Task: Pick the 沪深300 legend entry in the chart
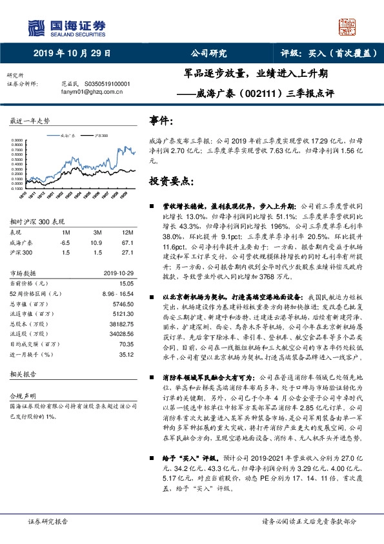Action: [x=100, y=137]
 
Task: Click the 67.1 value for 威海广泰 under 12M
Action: [x=128, y=241]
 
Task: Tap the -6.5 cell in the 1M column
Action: [x=65, y=241]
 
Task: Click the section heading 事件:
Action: [x=161, y=120]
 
